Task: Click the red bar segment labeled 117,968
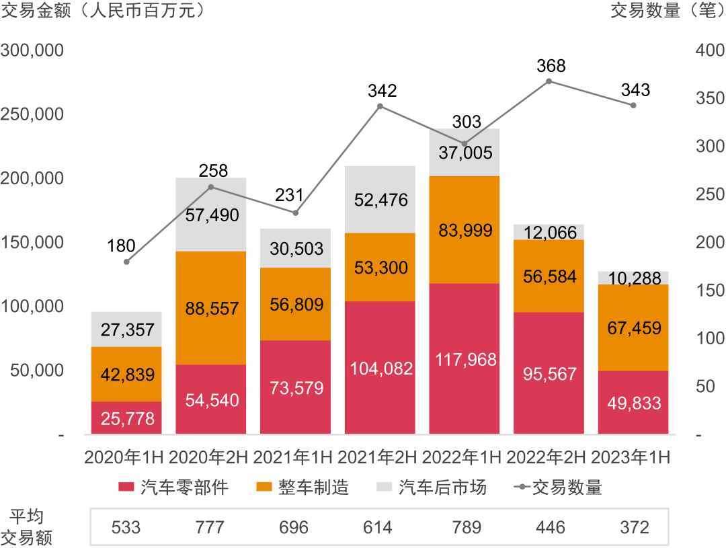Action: pyautogui.click(x=465, y=358)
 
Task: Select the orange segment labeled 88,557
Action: pyautogui.click(x=210, y=308)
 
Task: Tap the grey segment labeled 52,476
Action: pyautogui.click(x=380, y=200)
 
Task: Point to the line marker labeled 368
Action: pyautogui.click(x=549, y=81)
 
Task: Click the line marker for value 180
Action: pyautogui.click(x=126, y=262)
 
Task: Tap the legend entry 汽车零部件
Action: pyautogui.click(x=173, y=487)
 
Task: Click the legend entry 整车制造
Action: pyautogui.click(x=304, y=487)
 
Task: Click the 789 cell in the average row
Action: pyautogui.click(x=464, y=527)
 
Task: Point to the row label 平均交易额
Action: pyautogui.click(x=27, y=527)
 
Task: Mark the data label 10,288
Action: pyautogui.click(x=633, y=278)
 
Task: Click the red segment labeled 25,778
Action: pyautogui.click(x=126, y=418)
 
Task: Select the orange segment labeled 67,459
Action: pyautogui.click(x=633, y=327)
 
